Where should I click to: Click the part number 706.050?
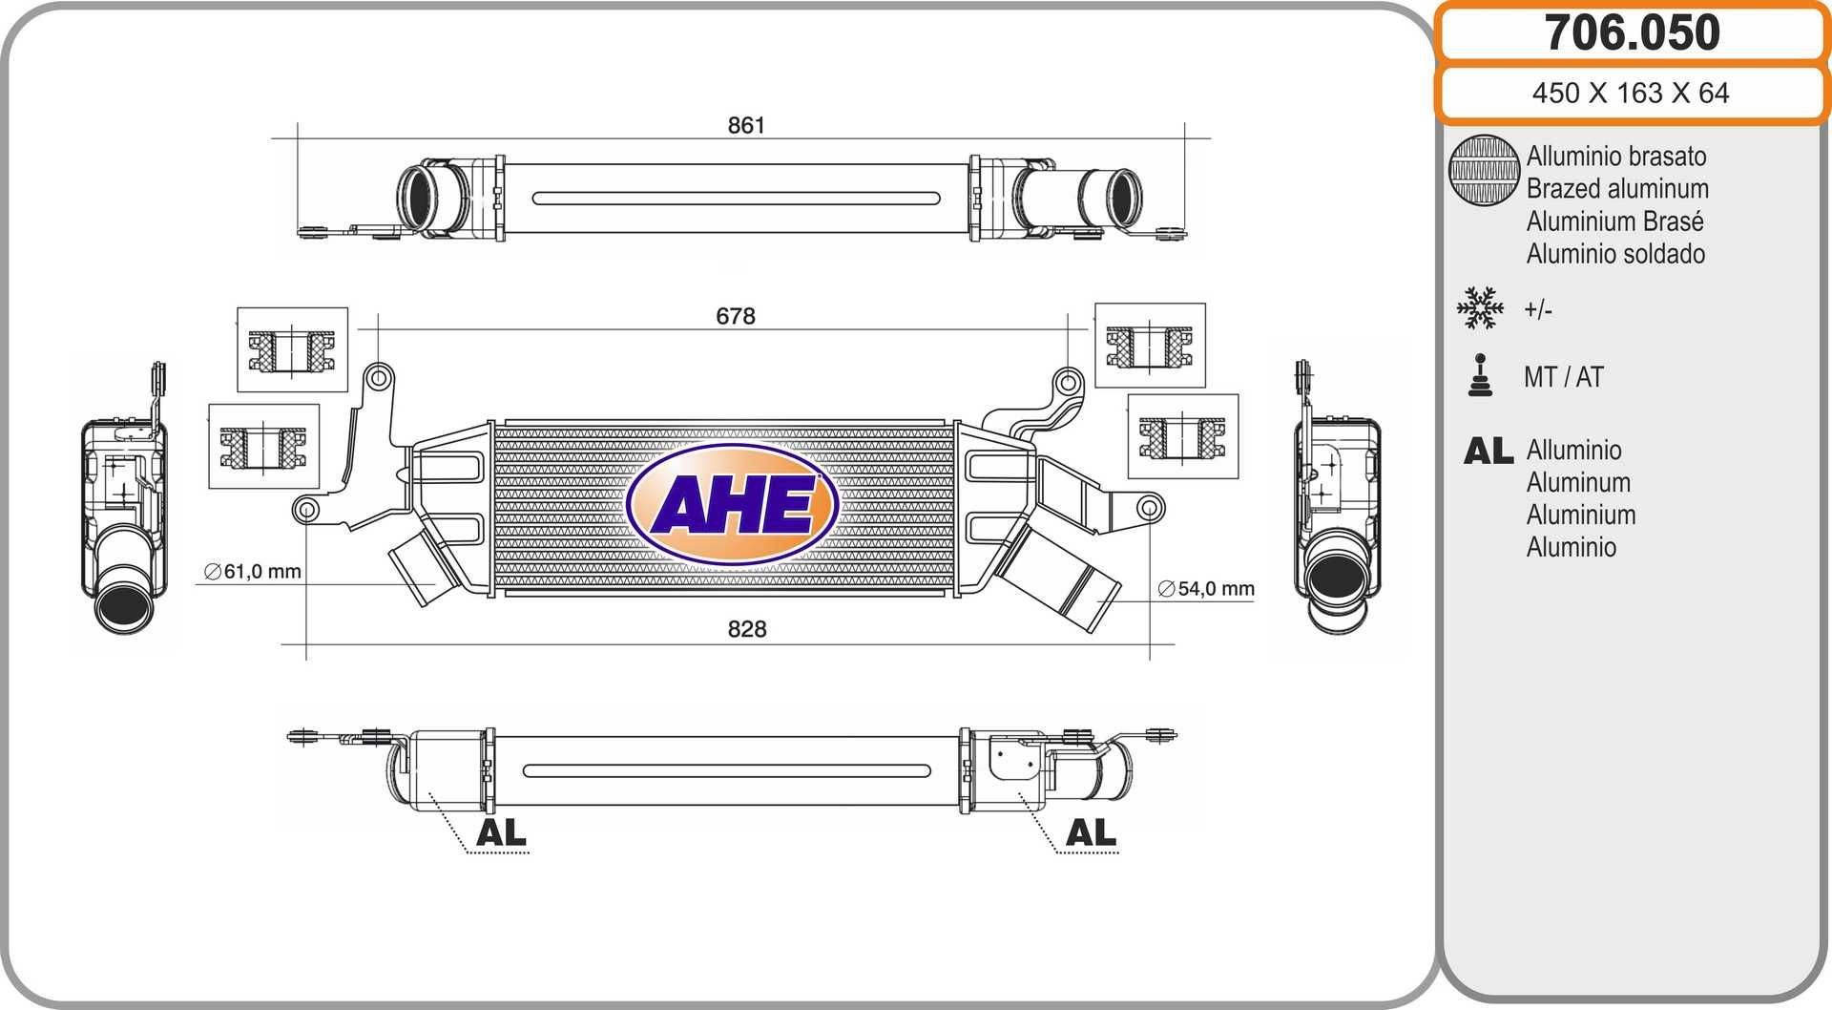[x=1632, y=33]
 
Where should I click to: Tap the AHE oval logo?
[x=732, y=504]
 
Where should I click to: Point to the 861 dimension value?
[x=746, y=125]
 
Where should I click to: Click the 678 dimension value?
[x=736, y=316]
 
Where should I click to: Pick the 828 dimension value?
[x=746, y=629]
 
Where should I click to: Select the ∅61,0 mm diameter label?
[x=253, y=572]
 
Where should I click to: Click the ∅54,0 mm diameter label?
[x=1206, y=589]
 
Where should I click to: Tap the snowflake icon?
[x=1480, y=308]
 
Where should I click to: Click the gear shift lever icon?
[x=1480, y=375]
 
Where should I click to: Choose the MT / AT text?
[x=1563, y=377]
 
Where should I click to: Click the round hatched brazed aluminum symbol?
[x=1483, y=170]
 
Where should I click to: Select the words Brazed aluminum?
[x=1616, y=189]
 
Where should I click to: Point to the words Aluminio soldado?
[x=1615, y=254]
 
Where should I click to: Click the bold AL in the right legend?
[x=1488, y=451]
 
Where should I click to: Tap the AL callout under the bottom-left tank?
[x=501, y=832]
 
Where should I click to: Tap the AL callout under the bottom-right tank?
[x=1091, y=832]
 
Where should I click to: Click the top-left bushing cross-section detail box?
[x=292, y=349]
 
